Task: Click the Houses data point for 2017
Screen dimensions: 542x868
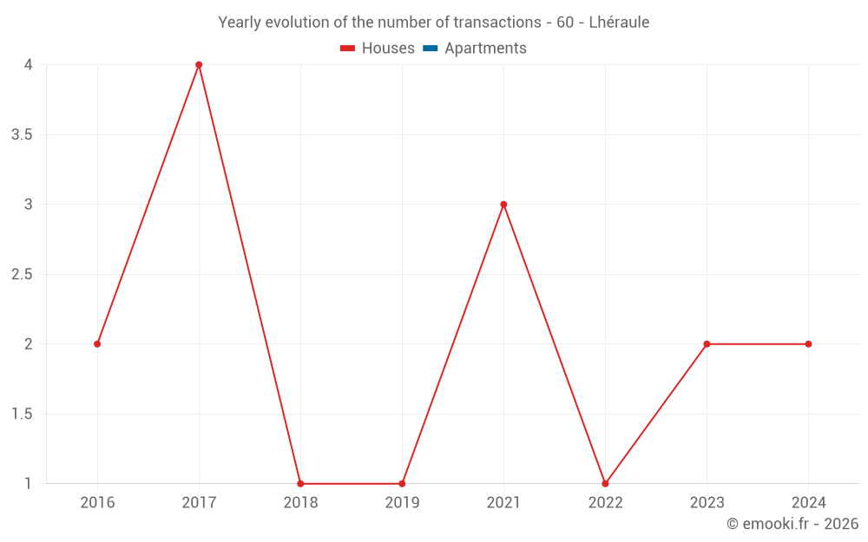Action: pyautogui.click(x=199, y=65)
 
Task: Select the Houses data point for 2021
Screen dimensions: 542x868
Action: pyautogui.click(x=503, y=205)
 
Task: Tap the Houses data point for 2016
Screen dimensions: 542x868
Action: pyautogui.click(x=97, y=344)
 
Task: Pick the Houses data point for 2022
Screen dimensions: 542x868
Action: pyautogui.click(x=605, y=483)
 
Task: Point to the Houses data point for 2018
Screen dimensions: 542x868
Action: pyautogui.click(x=300, y=483)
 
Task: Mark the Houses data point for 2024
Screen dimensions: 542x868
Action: pyautogui.click(x=808, y=344)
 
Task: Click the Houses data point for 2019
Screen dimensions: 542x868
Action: pyautogui.click(x=402, y=483)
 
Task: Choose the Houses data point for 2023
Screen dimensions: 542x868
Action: pyautogui.click(x=707, y=344)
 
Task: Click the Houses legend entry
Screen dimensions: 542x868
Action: pyautogui.click(x=378, y=49)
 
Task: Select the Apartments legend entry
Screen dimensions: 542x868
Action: pyautogui.click(x=475, y=49)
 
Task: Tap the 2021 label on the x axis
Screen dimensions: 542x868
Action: pyautogui.click(x=503, y=503)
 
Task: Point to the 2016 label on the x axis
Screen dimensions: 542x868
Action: pyautogui.click(x=97, y=503)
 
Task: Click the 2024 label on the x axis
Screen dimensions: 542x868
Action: pyautogui.click(x=808, y=503)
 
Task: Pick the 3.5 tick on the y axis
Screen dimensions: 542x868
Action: pyautogui.click(x=23, y=134)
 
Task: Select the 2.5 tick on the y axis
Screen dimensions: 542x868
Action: pyautogui.click(x=23, y=275)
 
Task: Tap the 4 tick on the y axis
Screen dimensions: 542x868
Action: pyautogui.click(x=29, y=65)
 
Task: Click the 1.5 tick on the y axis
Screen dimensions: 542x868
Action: pyautogui.click(x=23, y=415)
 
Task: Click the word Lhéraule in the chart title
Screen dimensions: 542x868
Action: pyautogui.click(x=619, y=23)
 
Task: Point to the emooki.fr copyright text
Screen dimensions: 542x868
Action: pyautogui.click(x=792, y=524)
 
